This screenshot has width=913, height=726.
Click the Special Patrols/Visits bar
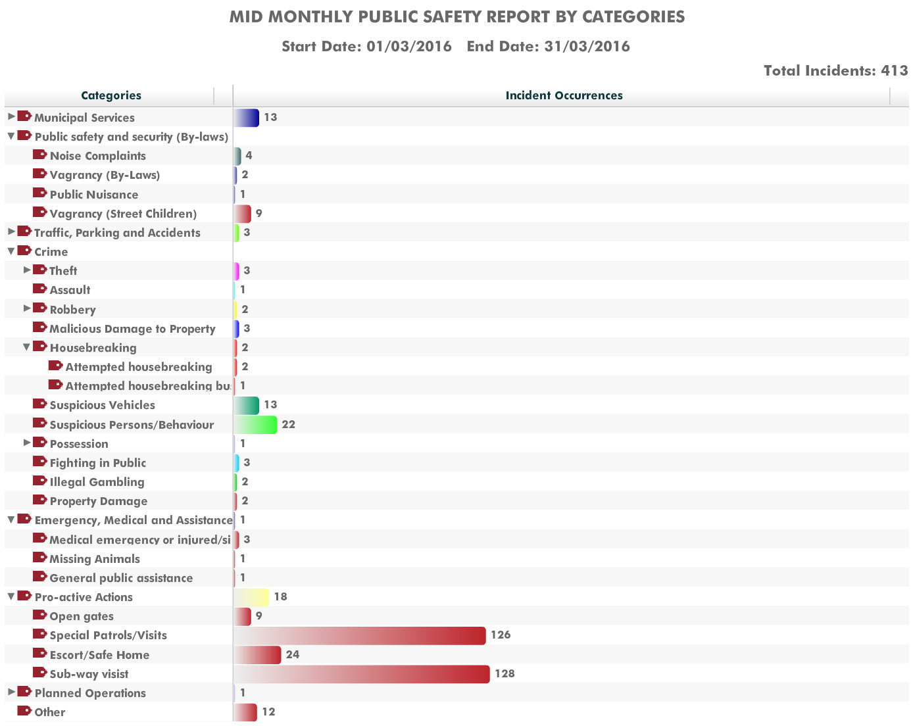click(359, 635)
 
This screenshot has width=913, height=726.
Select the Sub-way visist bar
click(362, 674)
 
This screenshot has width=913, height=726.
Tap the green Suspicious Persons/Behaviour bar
click(255, 424)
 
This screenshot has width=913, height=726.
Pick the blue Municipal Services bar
click(246, 118)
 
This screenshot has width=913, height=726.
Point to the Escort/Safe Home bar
click(257, 655)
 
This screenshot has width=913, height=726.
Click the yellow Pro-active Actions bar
click(251, 597)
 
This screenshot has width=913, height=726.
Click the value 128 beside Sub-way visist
click(505, 673)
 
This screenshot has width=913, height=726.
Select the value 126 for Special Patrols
click(501, 635)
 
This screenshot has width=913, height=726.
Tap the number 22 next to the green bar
click(289, 424)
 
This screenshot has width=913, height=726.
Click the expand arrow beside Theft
click(27, 270)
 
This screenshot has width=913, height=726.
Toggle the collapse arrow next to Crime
click(11, 251)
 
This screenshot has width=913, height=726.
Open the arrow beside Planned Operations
click(11, 692)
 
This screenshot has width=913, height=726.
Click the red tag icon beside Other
click(24, 710)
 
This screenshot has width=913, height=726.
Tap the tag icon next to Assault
click(40, 289)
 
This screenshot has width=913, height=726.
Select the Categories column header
click(111, 95)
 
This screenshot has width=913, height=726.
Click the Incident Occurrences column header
click(564, 95)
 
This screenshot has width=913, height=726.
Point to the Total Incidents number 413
click(895, 70)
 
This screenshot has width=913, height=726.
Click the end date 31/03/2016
click(587, 46)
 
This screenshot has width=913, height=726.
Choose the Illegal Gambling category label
click(97, 482)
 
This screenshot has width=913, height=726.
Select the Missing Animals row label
click(95, 559)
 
